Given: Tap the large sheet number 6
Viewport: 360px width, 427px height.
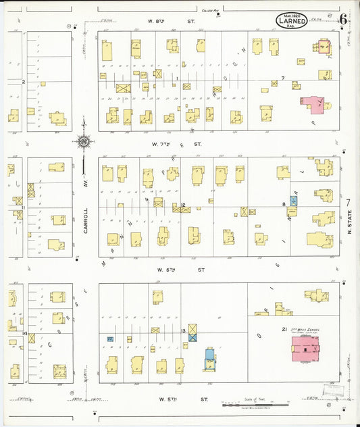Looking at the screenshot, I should coord(344,18).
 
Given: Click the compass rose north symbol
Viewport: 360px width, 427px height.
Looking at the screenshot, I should coord(84,142).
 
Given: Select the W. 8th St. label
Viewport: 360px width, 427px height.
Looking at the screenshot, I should coord(166,22).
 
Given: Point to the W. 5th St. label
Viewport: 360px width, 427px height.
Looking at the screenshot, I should coord(177,399).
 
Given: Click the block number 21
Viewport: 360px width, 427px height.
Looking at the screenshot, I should coord(276,328).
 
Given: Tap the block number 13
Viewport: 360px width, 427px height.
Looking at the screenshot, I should coord(183,330).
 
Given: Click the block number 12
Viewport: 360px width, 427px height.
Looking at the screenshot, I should coord(183,205).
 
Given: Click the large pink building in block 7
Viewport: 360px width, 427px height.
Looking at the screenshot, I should coord(313,104).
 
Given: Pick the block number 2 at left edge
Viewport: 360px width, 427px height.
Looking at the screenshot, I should coord(23,82).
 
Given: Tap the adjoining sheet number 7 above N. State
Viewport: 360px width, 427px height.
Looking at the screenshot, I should coord(349,202).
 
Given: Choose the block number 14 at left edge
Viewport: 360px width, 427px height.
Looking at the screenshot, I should coord(24,334).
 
